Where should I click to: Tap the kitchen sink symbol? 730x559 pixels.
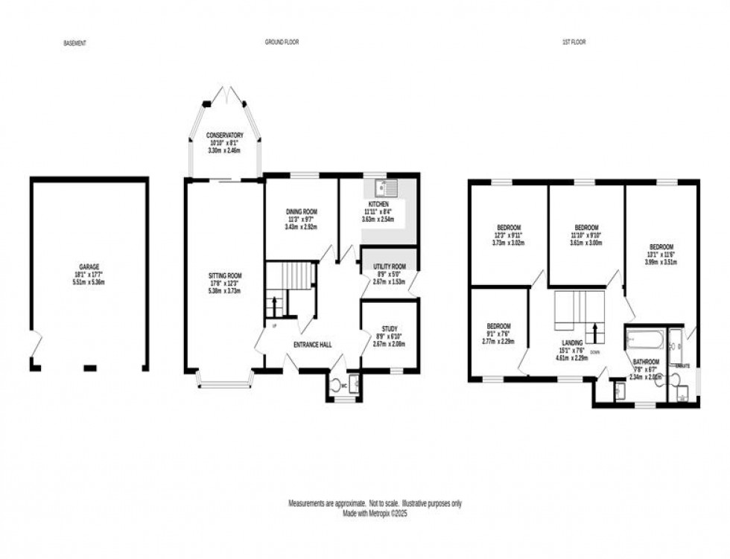[386, 187]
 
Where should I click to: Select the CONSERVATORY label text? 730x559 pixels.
[224, 135]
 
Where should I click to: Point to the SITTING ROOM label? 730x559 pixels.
[224, 275]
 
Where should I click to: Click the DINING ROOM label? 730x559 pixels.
[301, 212]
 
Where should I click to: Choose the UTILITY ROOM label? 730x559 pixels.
[389, 266]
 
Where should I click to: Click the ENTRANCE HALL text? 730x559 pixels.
[313, 345]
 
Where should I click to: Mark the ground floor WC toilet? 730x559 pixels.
[336, 385]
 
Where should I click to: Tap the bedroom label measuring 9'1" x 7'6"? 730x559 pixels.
[498, 326]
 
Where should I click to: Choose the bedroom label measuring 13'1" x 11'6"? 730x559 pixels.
[661, 247]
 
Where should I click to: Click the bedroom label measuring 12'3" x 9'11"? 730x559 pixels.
[509, 228]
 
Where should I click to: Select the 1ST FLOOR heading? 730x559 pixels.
[574, 42]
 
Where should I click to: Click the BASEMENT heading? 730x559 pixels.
[75, 43]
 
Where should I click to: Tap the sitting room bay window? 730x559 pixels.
[224, 382]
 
